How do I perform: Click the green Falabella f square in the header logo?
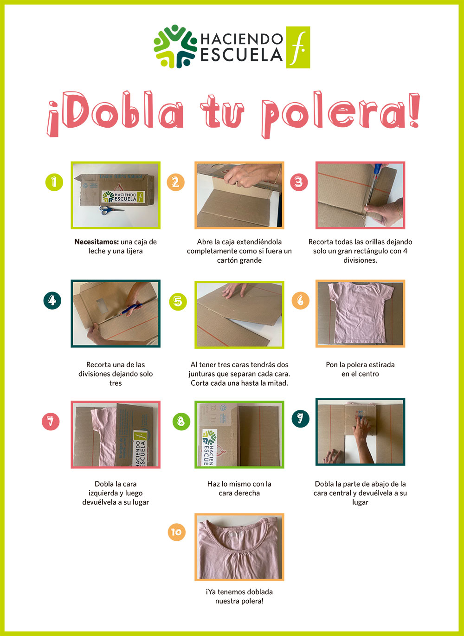298,47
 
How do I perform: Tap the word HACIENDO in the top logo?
242,39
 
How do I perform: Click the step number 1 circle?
54,182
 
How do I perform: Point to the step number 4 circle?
52,300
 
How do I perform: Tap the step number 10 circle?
176,532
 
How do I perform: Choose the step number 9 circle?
301,419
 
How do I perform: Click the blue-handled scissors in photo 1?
111,210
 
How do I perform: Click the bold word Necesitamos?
97,242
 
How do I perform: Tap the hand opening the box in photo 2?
250,175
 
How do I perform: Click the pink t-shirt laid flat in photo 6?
361,312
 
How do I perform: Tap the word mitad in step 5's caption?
278,383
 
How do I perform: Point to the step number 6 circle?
301,300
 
